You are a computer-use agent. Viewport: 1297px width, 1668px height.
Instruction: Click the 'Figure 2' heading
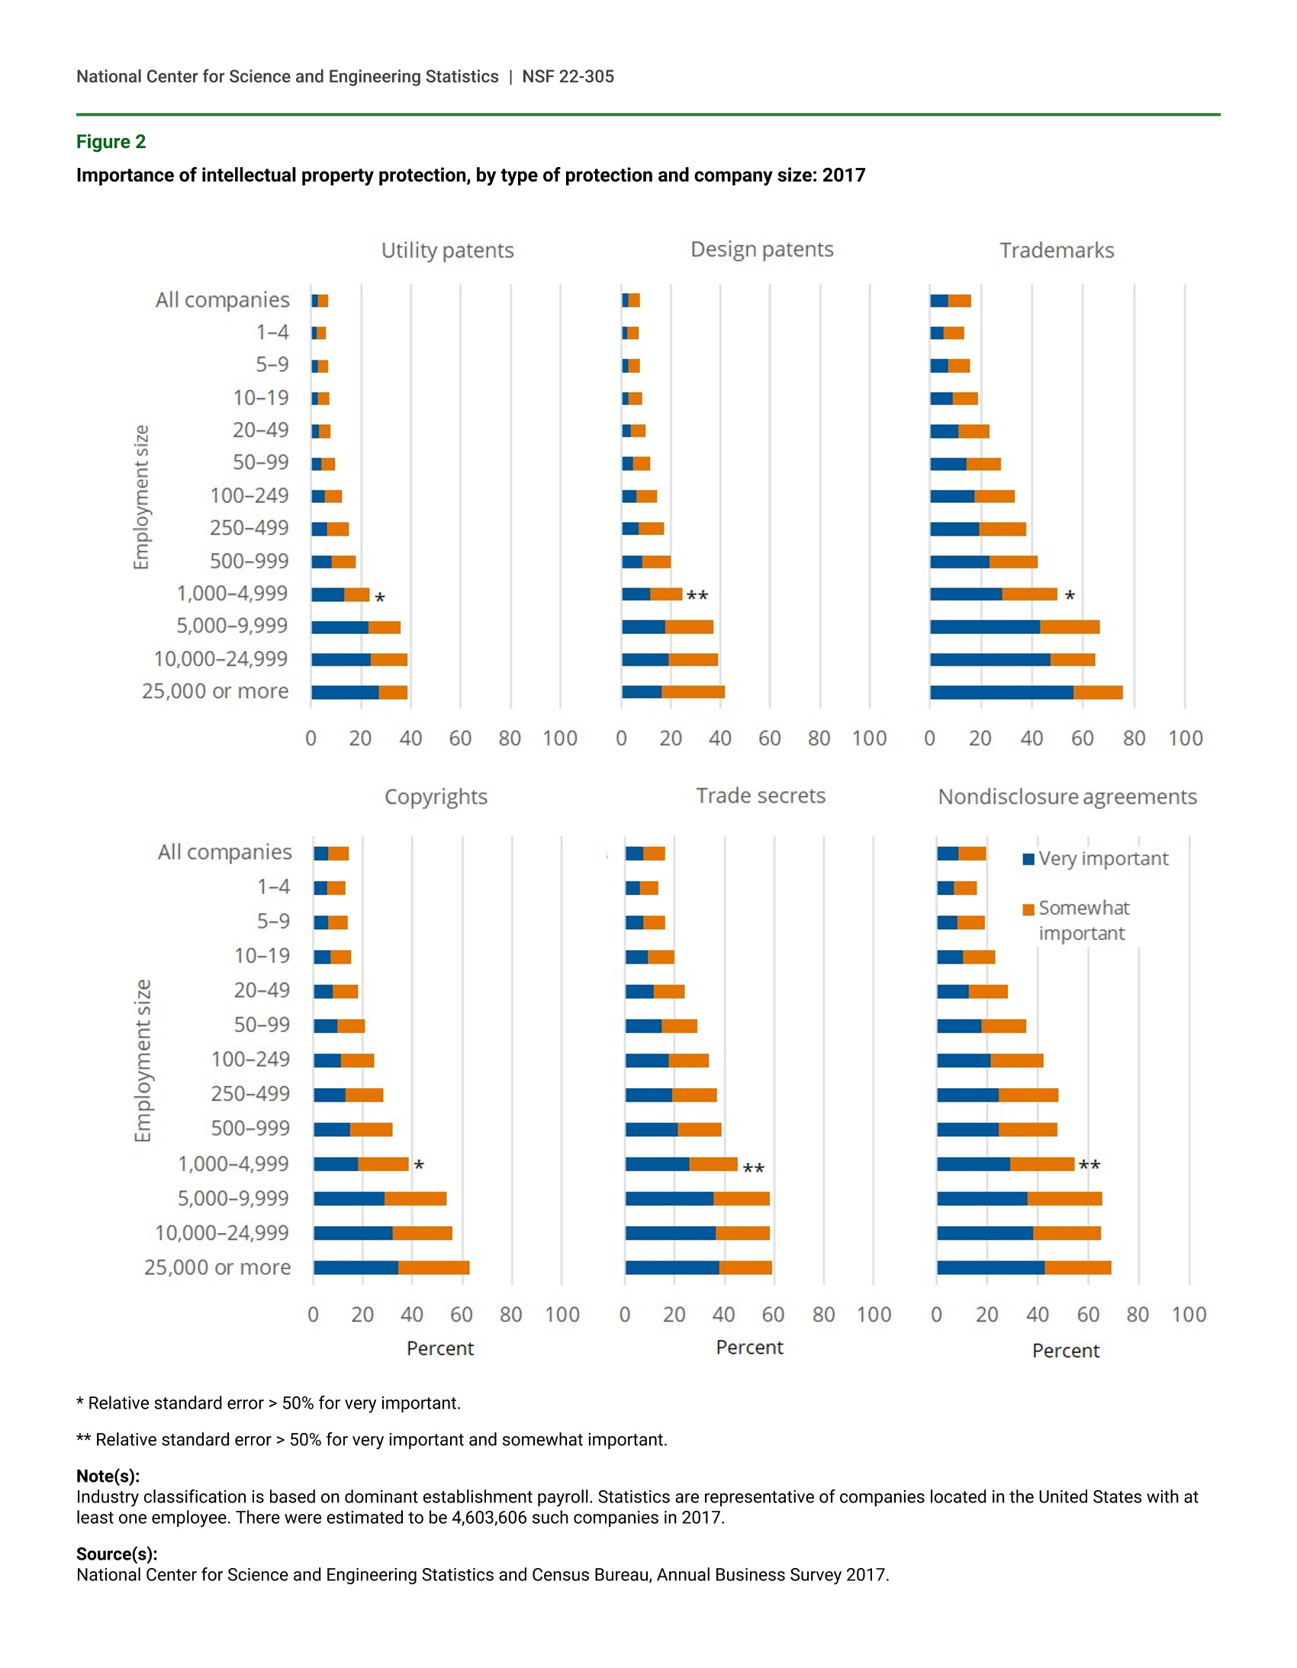point(111,142)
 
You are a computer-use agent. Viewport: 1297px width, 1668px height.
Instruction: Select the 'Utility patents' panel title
point(447,250)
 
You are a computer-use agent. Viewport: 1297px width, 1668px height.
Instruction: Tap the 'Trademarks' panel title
point(1057,250)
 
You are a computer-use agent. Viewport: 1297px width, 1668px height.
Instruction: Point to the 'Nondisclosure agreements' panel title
point(1067,797)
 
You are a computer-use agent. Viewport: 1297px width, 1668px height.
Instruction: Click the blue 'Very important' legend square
point(1028,859)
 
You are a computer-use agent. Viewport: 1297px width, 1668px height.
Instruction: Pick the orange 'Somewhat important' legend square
point(1028,909)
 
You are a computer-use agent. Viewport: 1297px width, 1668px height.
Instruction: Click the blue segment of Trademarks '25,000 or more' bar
point(1001,693)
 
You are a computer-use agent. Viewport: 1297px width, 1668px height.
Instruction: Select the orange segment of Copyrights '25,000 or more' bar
point(433,1268)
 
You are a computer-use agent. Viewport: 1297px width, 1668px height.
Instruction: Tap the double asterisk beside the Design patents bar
point(697,595)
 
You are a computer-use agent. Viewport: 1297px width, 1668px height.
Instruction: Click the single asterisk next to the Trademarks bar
point(1070,596)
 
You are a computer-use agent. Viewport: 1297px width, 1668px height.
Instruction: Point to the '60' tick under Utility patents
point(460,739)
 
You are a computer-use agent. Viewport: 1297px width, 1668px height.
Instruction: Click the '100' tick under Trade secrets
point(874,1315)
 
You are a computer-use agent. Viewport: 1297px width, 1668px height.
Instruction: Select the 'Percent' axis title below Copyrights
point(440,1349)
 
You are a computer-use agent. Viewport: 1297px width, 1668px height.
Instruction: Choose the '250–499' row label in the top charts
point(249,528)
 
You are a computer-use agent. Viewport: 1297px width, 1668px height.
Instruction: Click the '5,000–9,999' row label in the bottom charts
point(233,1198)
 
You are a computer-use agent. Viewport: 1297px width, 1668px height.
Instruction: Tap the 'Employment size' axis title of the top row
point(141,498)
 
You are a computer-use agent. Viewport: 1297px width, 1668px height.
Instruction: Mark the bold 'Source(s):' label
point(117,1554)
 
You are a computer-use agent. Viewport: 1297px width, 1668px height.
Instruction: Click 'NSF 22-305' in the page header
point(568,76)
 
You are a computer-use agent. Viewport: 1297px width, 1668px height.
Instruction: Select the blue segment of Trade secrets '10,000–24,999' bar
point(670,1233)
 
